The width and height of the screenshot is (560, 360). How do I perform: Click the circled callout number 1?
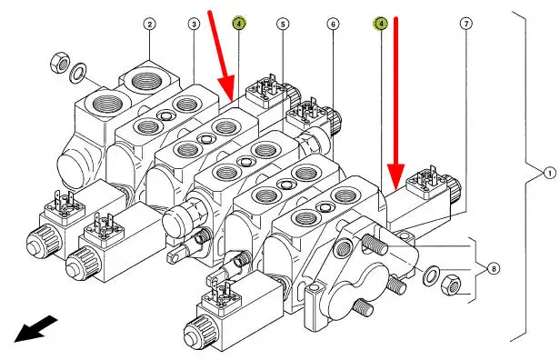(x=550, y=174)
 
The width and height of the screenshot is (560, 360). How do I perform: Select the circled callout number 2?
(x=150, y=25)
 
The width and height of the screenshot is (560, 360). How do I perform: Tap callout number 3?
(x=194, y=25)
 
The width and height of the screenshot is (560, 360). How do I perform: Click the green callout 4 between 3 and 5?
(x=239, y=24)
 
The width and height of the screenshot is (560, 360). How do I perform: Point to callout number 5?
(x=283, y=25)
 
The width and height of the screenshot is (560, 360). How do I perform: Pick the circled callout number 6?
(x=334, y=25)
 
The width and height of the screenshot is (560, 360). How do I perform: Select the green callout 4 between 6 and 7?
(x=381, y=24)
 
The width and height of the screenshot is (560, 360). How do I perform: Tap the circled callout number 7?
(x=466, y=24)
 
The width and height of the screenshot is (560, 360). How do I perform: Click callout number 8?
(x=494, y=268)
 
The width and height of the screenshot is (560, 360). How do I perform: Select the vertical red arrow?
(x=395, y=103)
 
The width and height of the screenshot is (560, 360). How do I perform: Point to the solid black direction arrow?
(x=35, y=328)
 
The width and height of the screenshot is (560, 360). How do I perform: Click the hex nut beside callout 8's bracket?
(x=451, y=285)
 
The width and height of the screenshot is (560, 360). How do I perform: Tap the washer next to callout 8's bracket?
(x=432, y=275)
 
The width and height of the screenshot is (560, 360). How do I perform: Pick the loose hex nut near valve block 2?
(x=59, y=63)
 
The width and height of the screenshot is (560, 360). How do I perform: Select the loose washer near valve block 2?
(x=77, y=74)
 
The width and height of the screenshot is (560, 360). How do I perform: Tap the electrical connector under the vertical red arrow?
(x=427, y=182)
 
